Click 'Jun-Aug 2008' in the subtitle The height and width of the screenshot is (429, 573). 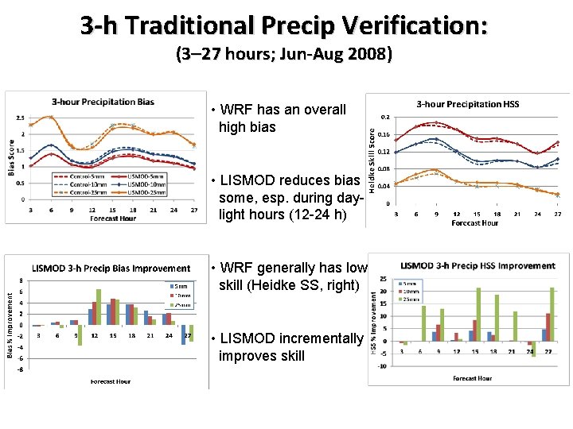point(335,55)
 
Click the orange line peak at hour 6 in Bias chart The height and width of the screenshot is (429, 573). point(51,118)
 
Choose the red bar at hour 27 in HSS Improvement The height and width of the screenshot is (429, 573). point(548,327)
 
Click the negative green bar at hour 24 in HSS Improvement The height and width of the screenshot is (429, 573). point(534,349)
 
